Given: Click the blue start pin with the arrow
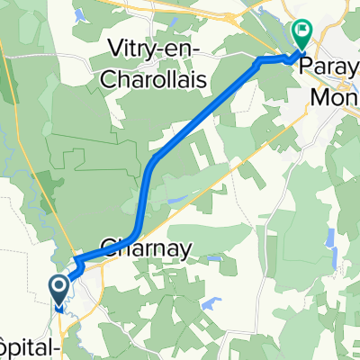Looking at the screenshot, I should [59, 289].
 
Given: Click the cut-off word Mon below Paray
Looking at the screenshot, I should [335, 94].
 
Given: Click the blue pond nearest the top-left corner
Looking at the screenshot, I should [75, 14].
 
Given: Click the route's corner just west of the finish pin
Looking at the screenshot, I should [261, 61].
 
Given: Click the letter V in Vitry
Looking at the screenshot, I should [114, 48].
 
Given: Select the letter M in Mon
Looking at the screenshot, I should [319, 94].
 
